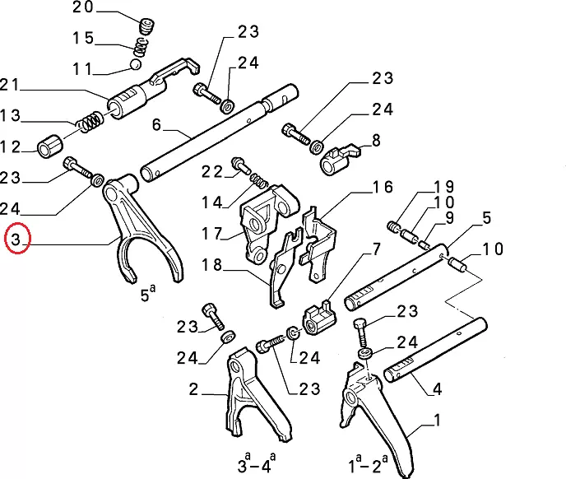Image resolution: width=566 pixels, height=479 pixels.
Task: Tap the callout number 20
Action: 84,9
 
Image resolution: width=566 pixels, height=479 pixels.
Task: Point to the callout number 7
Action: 376,249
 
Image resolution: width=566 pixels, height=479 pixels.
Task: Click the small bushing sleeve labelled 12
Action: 52,146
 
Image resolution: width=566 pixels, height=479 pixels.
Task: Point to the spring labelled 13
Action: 89,123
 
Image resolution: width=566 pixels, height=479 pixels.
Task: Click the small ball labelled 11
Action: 135,64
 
